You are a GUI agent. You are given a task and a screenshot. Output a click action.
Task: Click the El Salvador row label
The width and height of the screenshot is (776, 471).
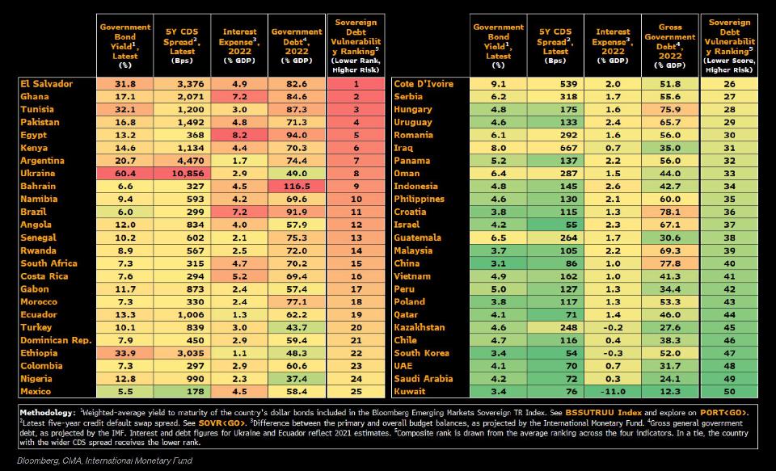tap(46, 84)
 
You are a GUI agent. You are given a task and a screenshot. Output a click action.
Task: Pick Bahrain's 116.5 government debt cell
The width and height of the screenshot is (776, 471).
tap(297, 187)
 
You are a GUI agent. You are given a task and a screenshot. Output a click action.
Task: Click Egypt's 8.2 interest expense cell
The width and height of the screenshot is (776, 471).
tap(239, 135)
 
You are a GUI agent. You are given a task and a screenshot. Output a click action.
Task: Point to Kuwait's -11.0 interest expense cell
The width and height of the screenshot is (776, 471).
tap(612, 392)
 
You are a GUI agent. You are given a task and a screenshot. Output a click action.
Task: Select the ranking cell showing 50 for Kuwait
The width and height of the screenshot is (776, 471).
tap(730, 392)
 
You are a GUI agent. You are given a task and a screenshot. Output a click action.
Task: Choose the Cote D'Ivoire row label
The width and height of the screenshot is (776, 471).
tap(423, 84)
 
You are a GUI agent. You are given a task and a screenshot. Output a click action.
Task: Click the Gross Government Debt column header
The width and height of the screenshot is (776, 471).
tap(670, 45)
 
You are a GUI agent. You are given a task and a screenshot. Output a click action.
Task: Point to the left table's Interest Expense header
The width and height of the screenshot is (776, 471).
tap(239, 45)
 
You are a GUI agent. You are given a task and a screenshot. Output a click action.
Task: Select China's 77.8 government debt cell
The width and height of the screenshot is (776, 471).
tap(670, 263)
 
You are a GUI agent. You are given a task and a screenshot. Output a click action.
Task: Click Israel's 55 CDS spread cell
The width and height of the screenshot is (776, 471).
tap(554, 225)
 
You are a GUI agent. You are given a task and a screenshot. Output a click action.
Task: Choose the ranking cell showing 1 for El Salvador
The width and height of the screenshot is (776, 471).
tap(356, 84)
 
